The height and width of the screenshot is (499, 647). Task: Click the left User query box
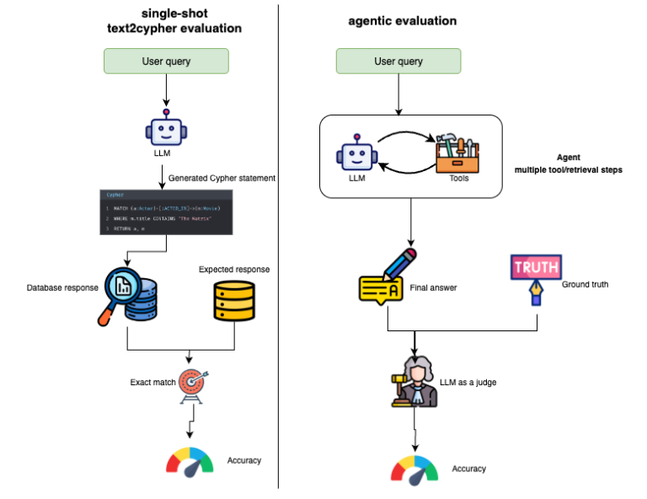click(166, 62)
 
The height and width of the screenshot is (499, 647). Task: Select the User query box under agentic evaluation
click(397, 62)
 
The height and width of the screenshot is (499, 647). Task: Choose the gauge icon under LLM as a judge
click(414, 469)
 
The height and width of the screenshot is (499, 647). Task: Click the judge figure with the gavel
click(414, 384)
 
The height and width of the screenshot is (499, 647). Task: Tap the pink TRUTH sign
click(535, 268)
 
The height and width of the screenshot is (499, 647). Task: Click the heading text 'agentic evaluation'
click(402, 21)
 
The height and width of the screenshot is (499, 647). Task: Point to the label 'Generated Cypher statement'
click(222, 178)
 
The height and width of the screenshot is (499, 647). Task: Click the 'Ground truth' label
click(585, 284)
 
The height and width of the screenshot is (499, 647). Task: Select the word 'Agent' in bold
click(569, 157)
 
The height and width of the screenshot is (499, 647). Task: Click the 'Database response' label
click(61, 288)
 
